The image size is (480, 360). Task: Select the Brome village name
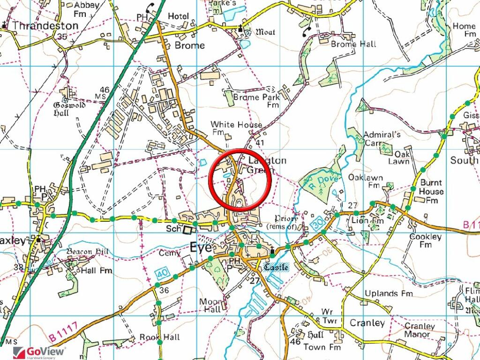pyautogui.click(x=189, y=45)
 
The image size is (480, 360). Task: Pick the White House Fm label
pyautogui.click(x=236, y=128)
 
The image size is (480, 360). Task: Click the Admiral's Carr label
pyautogui.click(x=382, y=139)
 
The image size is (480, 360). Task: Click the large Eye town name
pyautogui.click(x=200, y=247)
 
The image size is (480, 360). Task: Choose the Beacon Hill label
pyautogui.click(x=87, y=252)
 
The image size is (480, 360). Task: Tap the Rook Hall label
pyautogui.click(x=159, y=337)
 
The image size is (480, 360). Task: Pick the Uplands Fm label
pyautogui.click(x=389, y=293)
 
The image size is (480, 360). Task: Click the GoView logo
pyautogui.click(x=39, y=352)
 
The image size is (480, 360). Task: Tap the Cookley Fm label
pyautogui.click(x=425, y=240)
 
